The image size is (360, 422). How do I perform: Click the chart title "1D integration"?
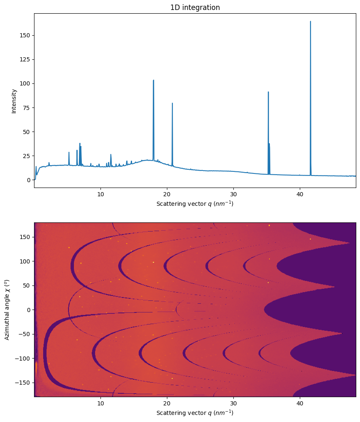[x=195, y=7]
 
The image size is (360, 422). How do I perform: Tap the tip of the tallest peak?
[x=310, y=22]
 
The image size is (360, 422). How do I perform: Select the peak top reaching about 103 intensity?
[x=153, y=80]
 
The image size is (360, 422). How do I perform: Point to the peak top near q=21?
[x=172, y=103]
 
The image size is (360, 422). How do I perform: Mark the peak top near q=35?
[x=268, y=92]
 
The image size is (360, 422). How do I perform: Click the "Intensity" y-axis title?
[x=14, y=101]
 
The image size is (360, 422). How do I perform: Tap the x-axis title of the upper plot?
[x=195, y=204]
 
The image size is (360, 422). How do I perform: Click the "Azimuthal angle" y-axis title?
[x=7, y=310]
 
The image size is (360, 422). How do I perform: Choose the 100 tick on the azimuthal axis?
[x=25, y=261]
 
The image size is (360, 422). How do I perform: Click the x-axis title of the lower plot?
[x=195, y=413]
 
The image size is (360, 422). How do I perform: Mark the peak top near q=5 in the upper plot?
[x=69, y=152]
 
